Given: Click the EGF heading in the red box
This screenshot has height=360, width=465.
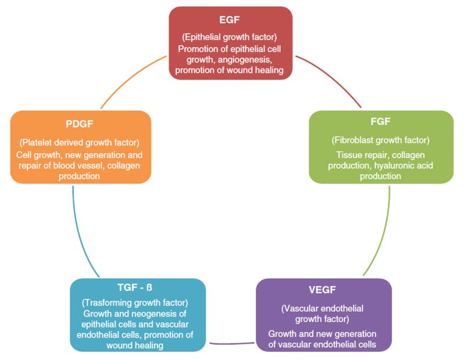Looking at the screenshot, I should tap(231, 19).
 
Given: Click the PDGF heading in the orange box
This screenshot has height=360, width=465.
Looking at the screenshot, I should tap(80, 124).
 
